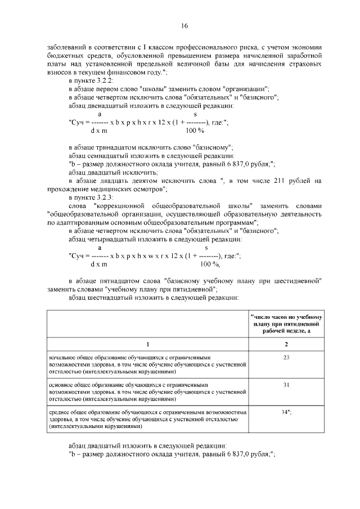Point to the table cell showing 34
pos(286,412)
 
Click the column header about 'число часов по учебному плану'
pos(286,324)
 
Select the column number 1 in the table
pos(148,344)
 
